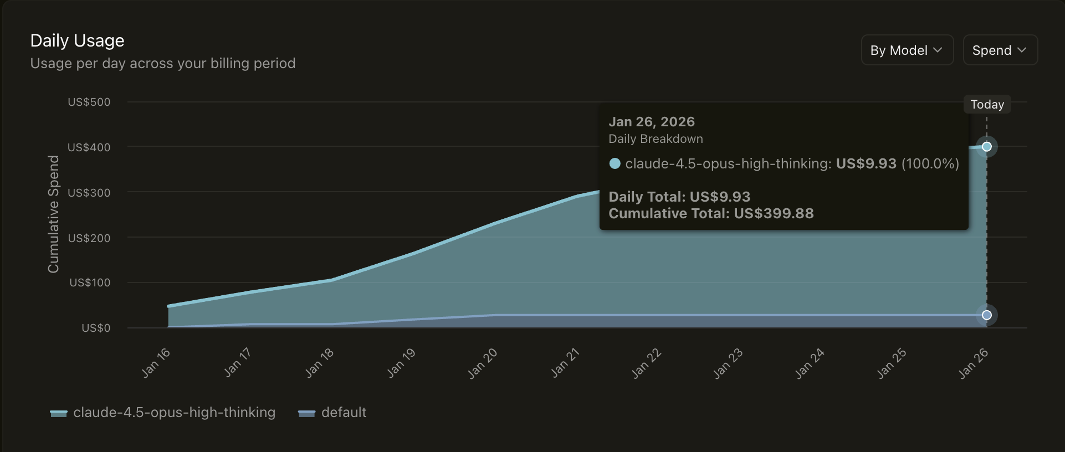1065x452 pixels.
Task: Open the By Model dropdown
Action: [907, 50]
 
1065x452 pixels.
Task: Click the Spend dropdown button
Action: [1000, 50]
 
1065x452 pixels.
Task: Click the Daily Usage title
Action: [77, 40]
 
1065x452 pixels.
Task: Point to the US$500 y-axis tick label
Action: [89, 102]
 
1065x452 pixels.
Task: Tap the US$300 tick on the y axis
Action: [89, 193]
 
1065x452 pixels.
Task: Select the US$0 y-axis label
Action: [96, 328]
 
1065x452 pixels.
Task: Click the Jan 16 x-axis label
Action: [156, 363]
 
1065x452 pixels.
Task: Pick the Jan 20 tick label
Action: [483, 363]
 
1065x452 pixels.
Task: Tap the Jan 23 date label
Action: [728, 363]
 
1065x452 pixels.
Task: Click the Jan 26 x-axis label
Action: [974, 363]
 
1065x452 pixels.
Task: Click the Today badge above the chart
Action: [987, 104]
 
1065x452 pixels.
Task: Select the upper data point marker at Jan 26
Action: [987, 147]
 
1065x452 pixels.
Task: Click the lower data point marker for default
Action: [987, 315]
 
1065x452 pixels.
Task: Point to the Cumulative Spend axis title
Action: [53, 214]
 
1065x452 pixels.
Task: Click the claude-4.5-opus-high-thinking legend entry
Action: [163, 413]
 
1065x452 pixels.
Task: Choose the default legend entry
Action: [332, 413]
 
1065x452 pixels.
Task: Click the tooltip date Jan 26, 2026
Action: [652, 122]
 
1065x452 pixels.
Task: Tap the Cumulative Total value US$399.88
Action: [774, 213]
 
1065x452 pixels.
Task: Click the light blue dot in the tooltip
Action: [615, 163]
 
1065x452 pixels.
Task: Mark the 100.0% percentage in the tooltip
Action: [930, 163]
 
